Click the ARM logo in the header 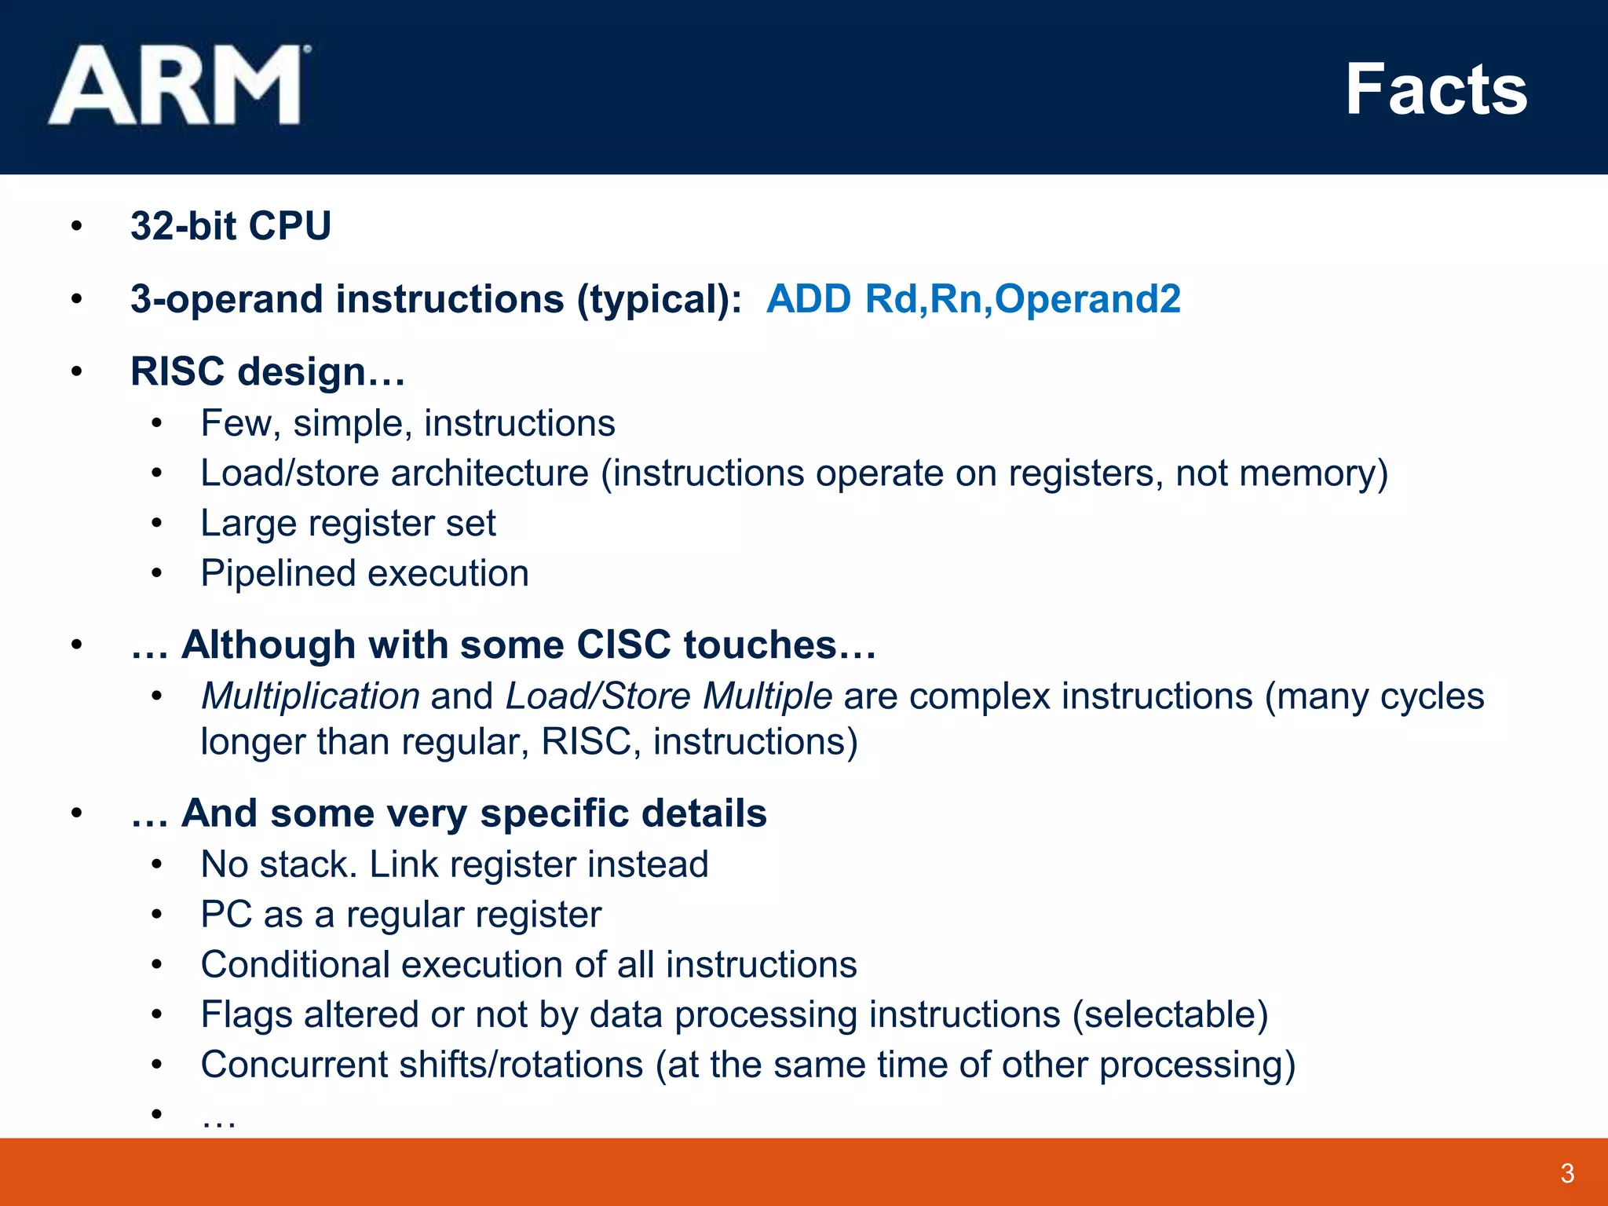coord(179,86)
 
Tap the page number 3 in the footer coord(1567,1173)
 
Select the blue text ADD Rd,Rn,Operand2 coord(973,299)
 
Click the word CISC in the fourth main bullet coord(623,645)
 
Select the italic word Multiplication coord(310,696)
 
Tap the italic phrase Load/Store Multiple coord(668,696)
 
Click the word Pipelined coord(274,573)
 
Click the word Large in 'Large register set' coord(249,524)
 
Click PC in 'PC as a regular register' coord(225,915)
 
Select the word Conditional coord(294,965)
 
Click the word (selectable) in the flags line coord(1170,1014)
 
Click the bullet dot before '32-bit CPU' coord(76,227)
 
